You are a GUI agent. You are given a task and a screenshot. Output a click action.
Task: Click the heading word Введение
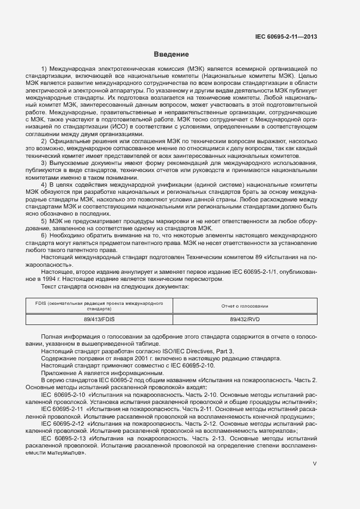pyautogui.click(x=171, y=54)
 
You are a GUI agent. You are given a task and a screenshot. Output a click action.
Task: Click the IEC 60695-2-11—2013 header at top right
pyautogui.click(x=286, y=37)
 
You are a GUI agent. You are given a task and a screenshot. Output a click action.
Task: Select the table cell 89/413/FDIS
pyautogui.click(x=99, y=320)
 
